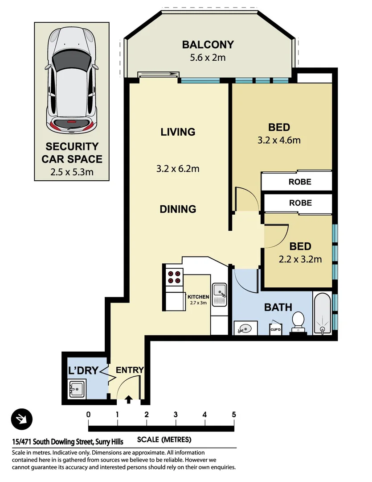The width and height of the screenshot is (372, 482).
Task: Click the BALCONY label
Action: point(208,45)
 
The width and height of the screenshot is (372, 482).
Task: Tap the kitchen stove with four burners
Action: point(173,277)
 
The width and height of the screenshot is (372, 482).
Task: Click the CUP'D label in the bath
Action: point(275,330)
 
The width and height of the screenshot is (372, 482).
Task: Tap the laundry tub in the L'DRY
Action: point(77,389)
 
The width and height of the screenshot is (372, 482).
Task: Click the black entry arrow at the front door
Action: point(129,399)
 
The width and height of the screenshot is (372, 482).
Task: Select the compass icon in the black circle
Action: point(21,419)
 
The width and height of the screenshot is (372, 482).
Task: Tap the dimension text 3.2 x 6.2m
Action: point(177,169)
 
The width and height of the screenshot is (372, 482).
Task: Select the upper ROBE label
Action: point(299,182)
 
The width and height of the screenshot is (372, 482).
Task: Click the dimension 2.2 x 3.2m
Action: point(300,259)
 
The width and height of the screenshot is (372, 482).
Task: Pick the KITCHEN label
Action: point(198,297)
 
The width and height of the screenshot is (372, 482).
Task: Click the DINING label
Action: point(178,209)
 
